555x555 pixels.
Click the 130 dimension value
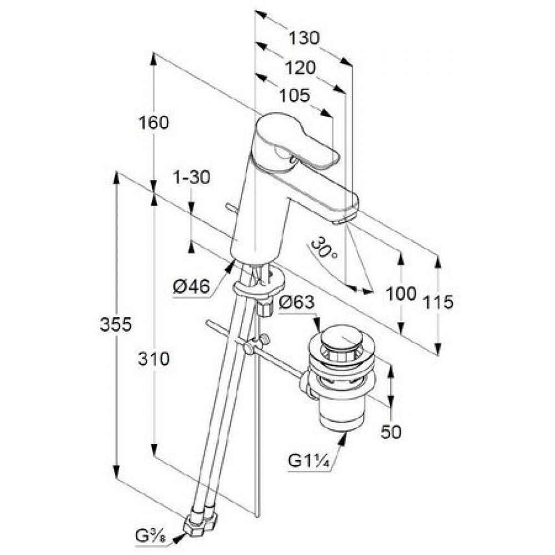pos(305,39)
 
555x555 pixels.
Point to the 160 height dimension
pos(153,122)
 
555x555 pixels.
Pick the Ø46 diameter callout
pos(191,287)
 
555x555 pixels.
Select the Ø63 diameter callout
pos(297,304)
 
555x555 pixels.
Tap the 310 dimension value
pos(154,360)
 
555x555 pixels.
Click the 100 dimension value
pos(401,294)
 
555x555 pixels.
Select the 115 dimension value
pos(438,302)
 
